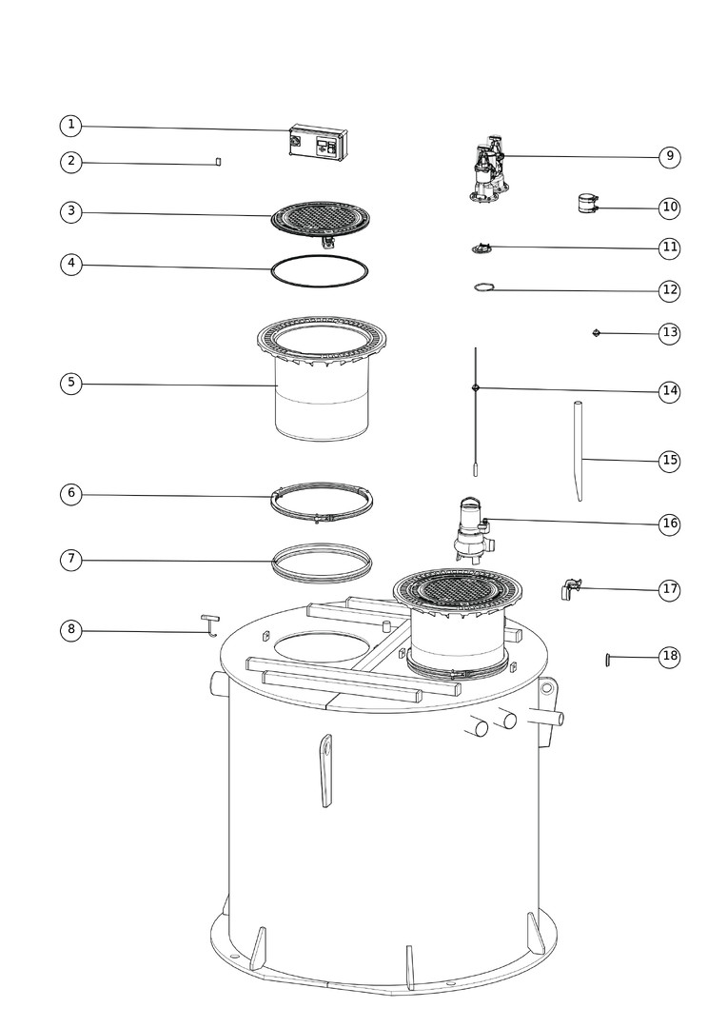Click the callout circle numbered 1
[70, 126]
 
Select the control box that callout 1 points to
[318, 141]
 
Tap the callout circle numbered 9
[669, 156]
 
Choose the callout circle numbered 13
[669, 332]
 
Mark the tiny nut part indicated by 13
[597, 333]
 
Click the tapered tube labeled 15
[579, 451]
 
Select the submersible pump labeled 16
[475, 530]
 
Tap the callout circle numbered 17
[669, 589]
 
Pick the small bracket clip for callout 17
[570, 588]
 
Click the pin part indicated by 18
[609, 659]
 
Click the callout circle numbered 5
[70, 383]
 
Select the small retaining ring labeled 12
[483, 287]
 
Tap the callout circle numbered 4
[70, 265]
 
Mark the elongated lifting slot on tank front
[325, 770]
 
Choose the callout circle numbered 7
[70, 560]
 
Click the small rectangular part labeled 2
[218, 161]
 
